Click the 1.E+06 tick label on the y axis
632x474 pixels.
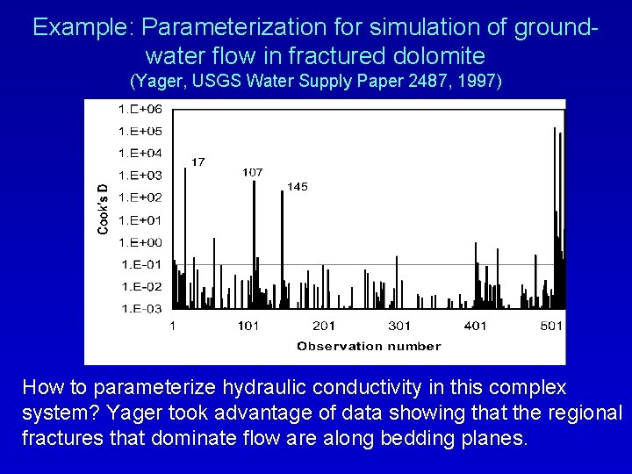pos(140,109)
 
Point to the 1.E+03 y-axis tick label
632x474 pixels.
pos(140,176)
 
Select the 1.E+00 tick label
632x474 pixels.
pos(140,242)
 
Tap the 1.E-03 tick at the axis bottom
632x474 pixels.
pos(140,308)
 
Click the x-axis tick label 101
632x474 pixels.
pos(248,327)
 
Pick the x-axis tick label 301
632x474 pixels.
pos(399,327)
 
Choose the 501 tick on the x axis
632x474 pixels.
pos(551,327)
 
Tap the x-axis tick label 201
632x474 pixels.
pos(324,327)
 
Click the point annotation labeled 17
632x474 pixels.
pos(198,162)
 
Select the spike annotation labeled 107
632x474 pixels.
pos(252,172)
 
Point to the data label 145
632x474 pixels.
pos(298,186)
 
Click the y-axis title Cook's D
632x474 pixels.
pos(103,208)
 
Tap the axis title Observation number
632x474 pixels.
pos(369,346)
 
